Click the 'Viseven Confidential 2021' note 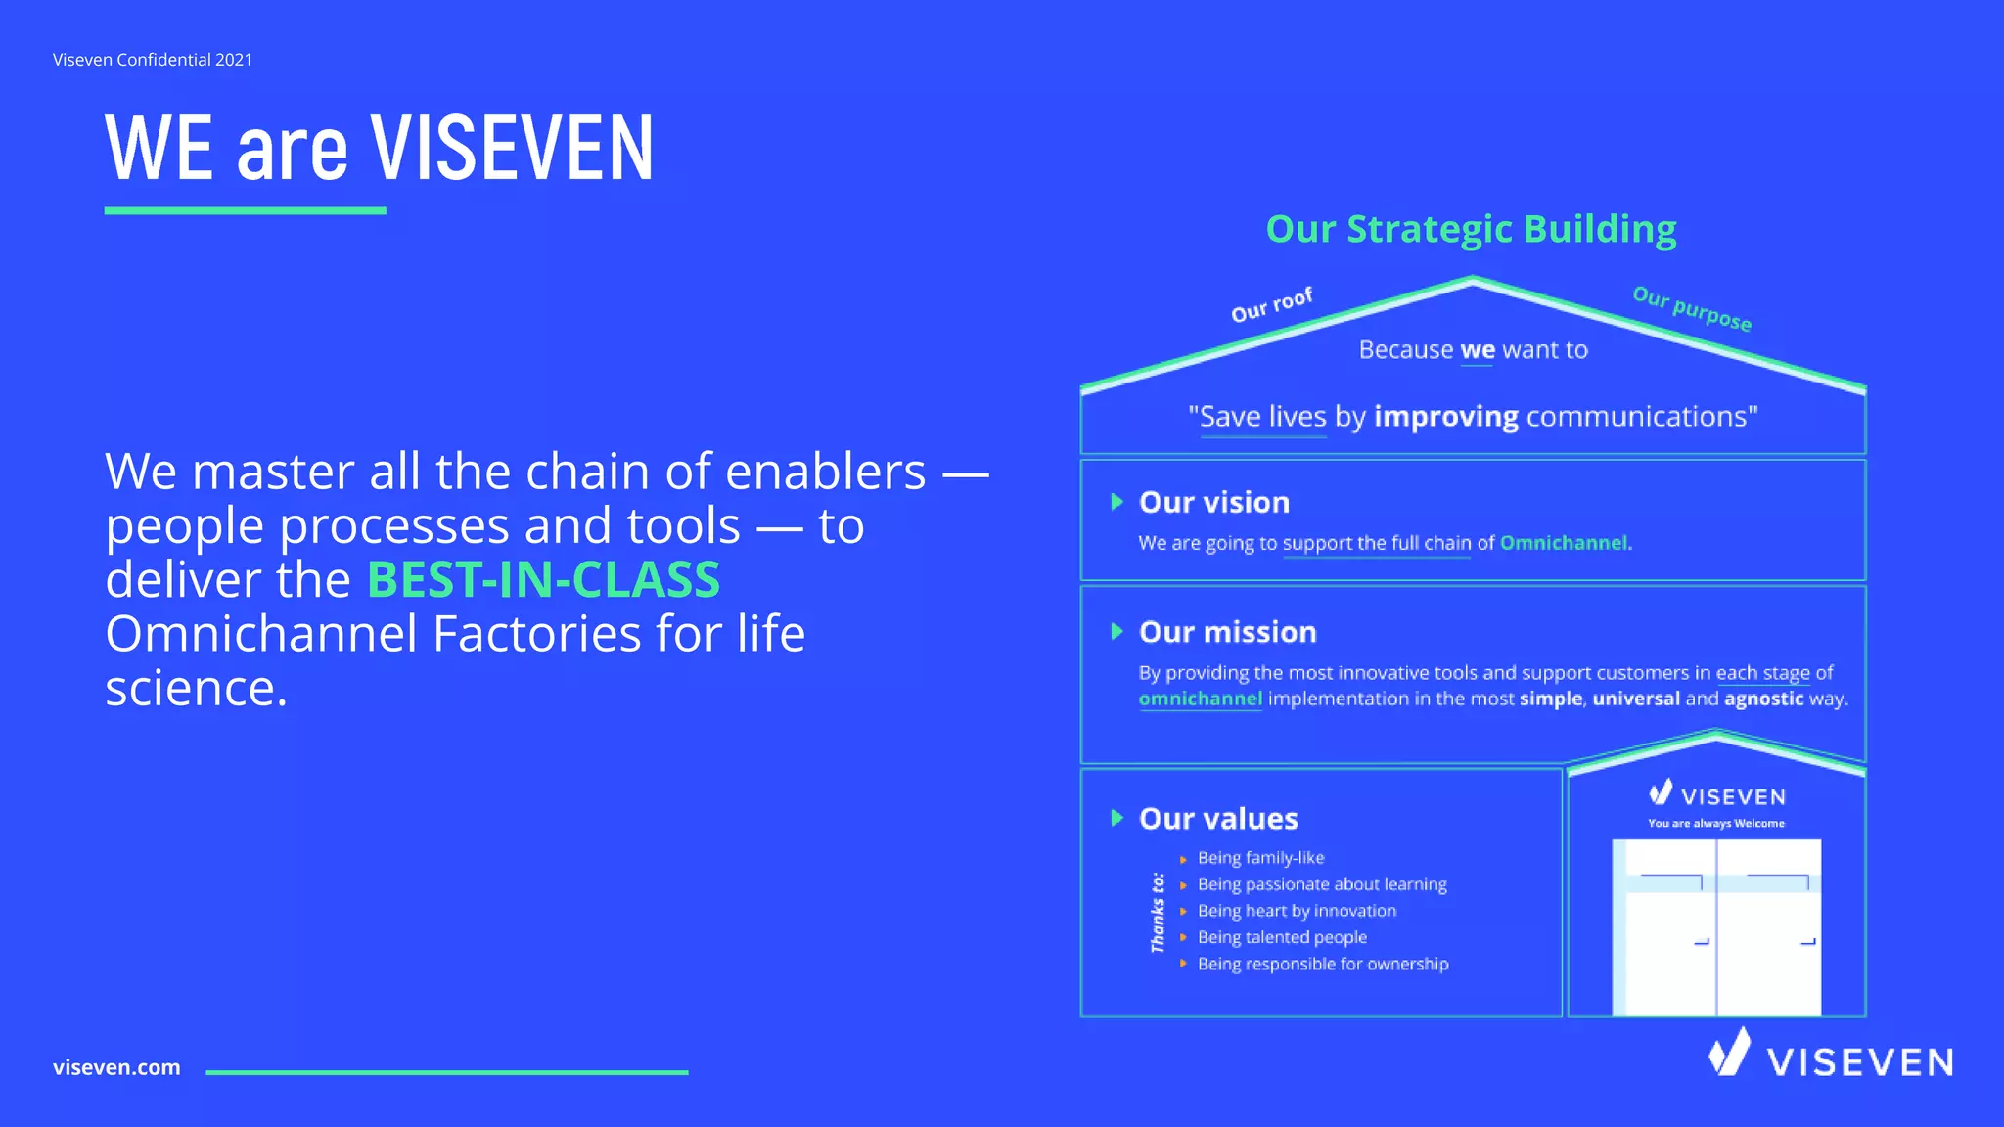153,60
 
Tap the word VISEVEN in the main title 511,149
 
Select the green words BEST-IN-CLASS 543,580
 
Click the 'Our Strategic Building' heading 1471,229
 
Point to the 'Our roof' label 1271,305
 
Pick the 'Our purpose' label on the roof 1692,308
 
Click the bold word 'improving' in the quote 1445,417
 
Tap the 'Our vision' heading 1213,503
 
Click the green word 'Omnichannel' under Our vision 1564,543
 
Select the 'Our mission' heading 1227,633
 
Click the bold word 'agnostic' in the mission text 1763,699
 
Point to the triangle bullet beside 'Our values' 1116,818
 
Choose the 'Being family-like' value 1260,858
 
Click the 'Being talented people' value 1282,937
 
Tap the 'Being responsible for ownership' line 1323,964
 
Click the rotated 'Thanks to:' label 1158,912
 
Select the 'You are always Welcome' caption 1715,823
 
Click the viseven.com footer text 116,1067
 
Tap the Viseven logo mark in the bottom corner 1729,1053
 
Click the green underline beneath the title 245,210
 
